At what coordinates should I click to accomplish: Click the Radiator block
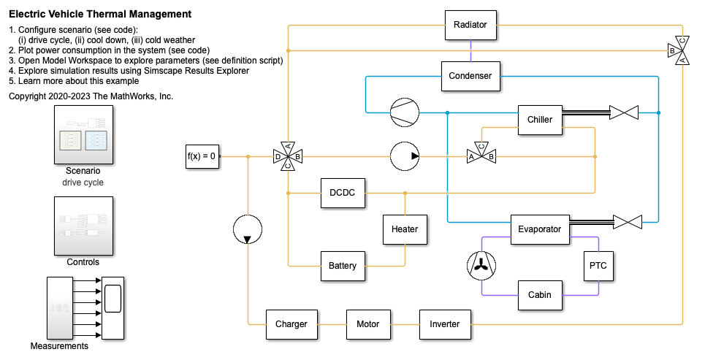[x=470, y=25]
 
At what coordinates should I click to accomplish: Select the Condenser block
[x=470, y=76]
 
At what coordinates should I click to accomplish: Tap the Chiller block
[x=540, y=120]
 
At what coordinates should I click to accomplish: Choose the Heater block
[x=405, y=229]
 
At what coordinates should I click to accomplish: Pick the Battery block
[x=343, y=266]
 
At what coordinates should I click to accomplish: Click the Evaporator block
[x=540, y=229]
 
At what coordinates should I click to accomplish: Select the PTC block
[x=598, y=266]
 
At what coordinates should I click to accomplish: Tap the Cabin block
[x=540, y=295]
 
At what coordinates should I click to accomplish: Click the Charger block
[x=291, y=324]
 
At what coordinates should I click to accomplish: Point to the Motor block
[x=368, y=324]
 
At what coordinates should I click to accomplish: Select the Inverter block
[x=445, y=324]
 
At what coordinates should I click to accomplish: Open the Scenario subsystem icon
[x=83, y=135]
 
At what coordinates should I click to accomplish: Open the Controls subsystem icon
[x=83, y=225]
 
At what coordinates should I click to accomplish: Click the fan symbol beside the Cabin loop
[x=481, y=266]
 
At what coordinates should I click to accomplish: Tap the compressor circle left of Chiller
[x=405, y=112]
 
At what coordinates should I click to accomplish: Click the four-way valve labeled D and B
[x=288, y=156]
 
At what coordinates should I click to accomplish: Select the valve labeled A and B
[x=481, y=156]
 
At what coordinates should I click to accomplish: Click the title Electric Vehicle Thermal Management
[x=100, y=14]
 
